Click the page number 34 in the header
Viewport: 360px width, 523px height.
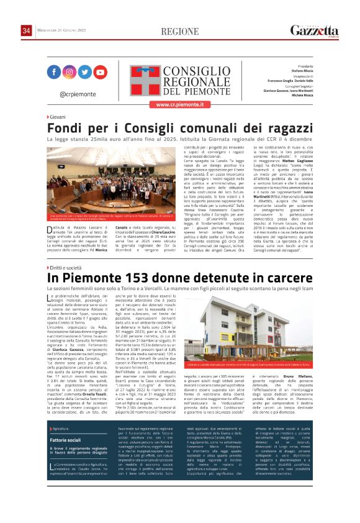click(26, 31)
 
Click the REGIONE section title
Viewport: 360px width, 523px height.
click(180, 32)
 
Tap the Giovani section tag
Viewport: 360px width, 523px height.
click(56, 117)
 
